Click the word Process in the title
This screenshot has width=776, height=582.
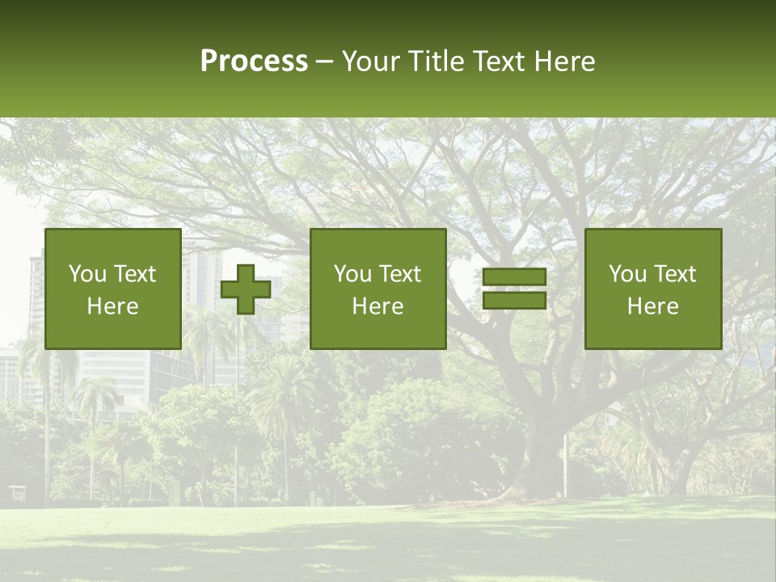(254, 61)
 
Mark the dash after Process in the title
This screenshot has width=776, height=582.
(324, 62)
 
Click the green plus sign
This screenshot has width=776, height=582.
(246, 289)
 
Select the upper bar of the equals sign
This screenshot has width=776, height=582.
(514, 277)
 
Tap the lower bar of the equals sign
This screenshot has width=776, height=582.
(514, 301)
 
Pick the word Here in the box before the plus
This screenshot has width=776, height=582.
(112, 306)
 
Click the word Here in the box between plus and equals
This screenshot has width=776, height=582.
(377, 306)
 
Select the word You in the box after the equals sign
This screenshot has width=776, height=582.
(626, 274)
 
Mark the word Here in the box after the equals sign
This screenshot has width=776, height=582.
(652, 306)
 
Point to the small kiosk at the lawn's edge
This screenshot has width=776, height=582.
(17, 492)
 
